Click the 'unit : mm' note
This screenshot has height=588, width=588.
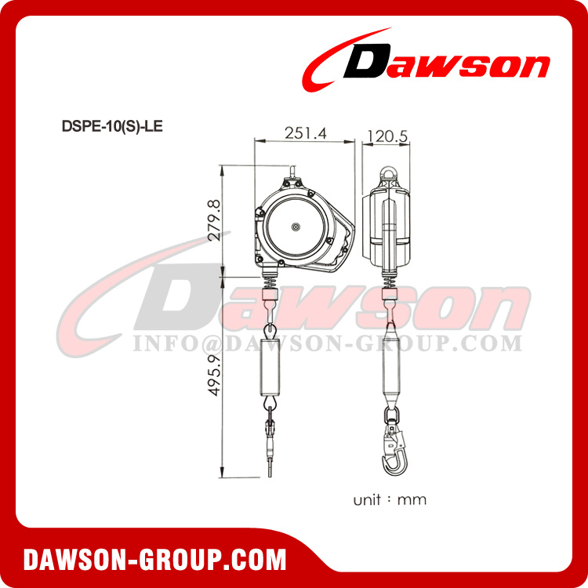[x=390, y=499]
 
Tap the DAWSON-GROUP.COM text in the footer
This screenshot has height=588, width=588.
[x=155, y=559]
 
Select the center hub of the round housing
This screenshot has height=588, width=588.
[x=296, y=227]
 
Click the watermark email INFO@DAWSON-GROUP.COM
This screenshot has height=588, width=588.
[x=327, y=343]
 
